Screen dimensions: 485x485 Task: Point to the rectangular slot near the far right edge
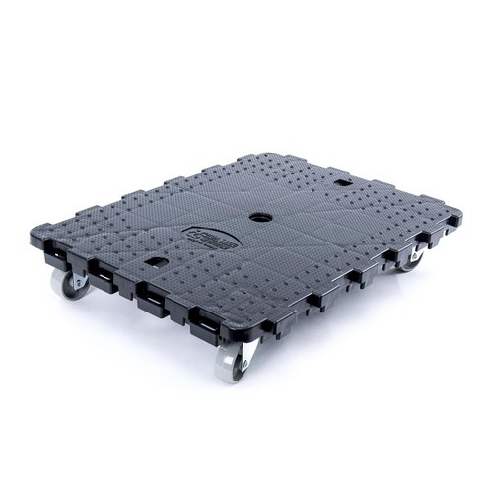[x=342, y=183]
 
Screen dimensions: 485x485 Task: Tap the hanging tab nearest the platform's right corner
[x=432, y=241]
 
